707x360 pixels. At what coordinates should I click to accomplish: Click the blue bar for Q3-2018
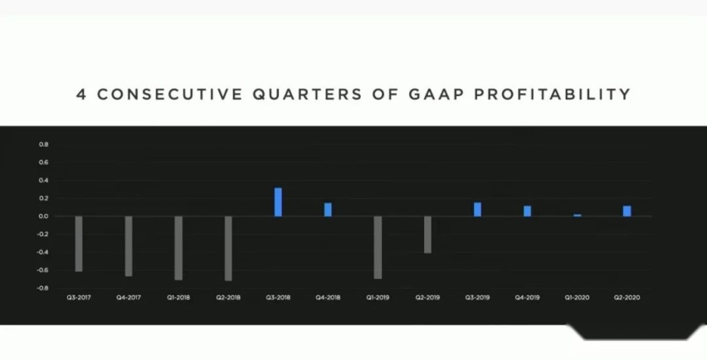coord(278,202)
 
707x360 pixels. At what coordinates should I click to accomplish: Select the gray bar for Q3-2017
coord(79,244)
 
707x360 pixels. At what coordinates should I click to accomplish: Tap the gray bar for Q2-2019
coord(427,235)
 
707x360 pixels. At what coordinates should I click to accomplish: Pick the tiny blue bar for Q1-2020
coord(578,216)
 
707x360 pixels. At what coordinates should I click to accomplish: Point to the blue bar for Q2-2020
coord(627,212)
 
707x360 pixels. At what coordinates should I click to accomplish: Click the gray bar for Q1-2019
coord(378,247)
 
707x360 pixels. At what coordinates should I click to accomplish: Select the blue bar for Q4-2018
coord(328,210)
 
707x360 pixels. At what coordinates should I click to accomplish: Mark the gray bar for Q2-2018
coord(228,248)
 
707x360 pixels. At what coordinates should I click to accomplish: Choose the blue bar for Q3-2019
coord(477,210)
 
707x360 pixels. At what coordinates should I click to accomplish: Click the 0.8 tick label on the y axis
coord(43,144)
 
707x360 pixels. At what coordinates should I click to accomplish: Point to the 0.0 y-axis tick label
coord(43,216)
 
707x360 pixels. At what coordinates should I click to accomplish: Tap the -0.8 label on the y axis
coord(43,289)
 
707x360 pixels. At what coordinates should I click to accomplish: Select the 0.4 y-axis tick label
coord(43,180)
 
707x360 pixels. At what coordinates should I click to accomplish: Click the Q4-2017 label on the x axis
coord(129,297)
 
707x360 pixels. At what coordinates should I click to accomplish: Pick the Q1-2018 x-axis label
coord(178,297)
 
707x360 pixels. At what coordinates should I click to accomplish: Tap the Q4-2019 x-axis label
coord(527,297)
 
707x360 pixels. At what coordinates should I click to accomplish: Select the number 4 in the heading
coord(80,95)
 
